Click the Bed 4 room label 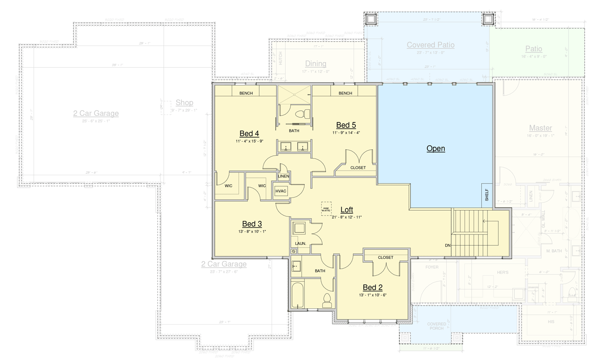tap(249, 134)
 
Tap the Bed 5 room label tap(346, 125)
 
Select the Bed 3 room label tap(252, 224)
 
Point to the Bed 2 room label tap(372, 288)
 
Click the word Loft tap(347, 210)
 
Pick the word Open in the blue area tap(435, 148)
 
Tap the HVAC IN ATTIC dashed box tap(326, 208)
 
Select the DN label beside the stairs tap(447, 245)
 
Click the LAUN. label tap(300, 243)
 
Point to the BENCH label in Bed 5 tap(345, 93)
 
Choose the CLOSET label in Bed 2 tap(385, 257)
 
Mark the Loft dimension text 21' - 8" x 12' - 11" tap(346, 217)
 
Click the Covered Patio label tap(430, 45)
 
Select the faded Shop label tap(184, 103)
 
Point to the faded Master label tap(540, 128)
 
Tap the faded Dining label tap(315, 64)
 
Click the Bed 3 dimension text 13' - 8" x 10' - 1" tap(252, 232)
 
